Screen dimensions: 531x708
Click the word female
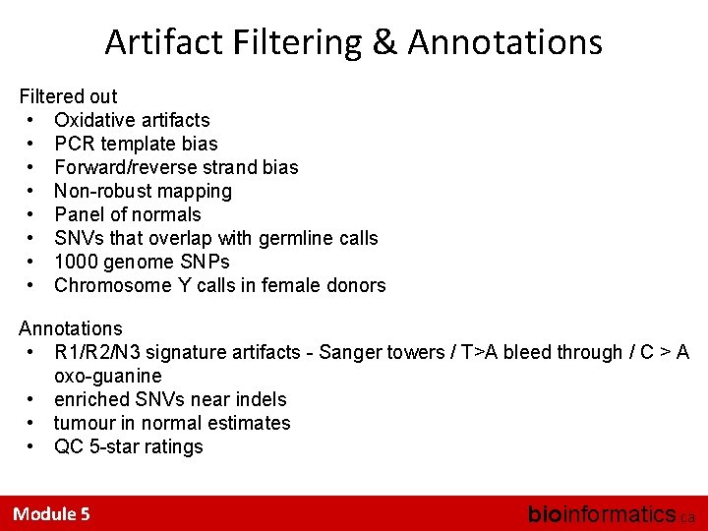click(292, 285)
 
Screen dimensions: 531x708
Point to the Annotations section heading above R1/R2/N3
click(71, 328)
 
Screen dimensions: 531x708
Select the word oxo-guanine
click(108, 376)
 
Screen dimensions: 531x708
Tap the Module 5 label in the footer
click(51, 513)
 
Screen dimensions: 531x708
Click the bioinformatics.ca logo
click(610, 513)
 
